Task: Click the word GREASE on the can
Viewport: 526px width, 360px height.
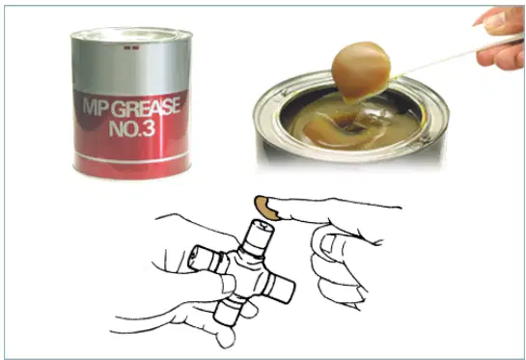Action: [145, 107]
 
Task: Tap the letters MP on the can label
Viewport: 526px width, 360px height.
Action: [96, 108]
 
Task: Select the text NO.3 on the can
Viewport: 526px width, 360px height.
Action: [132, 127]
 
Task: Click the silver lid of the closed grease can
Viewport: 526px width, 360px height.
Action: [131, 34]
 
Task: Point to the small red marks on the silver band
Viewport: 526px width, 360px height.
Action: [131, 48]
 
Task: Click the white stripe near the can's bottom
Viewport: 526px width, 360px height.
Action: [131, 157]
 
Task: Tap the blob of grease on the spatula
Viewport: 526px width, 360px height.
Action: [361, 70]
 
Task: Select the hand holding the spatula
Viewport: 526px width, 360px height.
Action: [501, 37]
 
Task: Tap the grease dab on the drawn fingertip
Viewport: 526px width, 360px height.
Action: [266, 208]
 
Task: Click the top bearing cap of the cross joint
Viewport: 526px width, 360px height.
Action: [259, 235]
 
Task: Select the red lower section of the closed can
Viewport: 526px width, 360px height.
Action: [131, 134]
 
